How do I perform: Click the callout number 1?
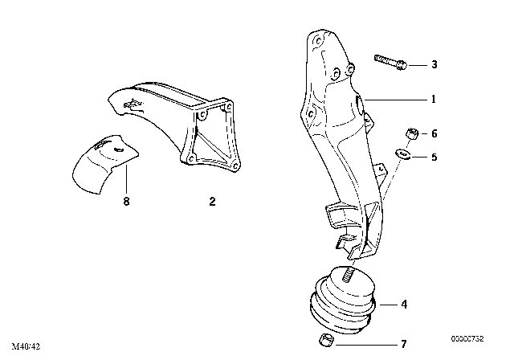click(x=433, y=100)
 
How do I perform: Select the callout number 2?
click(x=212, y=202)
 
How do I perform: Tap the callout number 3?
click(x=434, y=63)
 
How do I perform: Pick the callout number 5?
click(x=434, y=157)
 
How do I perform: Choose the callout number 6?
click(x=434, y=134)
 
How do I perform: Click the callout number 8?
click(x=126, y=202)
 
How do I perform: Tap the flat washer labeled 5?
click(x=402, y=155)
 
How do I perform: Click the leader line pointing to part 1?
click(x=397, y=100)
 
